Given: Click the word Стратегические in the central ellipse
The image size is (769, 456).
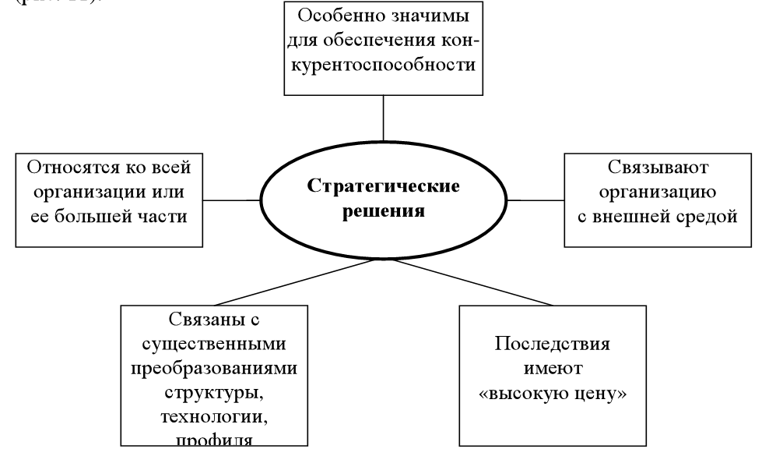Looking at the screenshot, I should click(x=383, y=187).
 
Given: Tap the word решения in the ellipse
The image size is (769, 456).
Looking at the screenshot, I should click(x=384, y=211).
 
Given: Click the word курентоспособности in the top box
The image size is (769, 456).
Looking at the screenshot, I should click(x=383, y=64).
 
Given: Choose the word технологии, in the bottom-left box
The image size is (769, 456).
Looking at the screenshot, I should click(x=212, y=415).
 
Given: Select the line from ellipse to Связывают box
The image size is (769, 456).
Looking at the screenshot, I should click(x=536, y=199).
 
